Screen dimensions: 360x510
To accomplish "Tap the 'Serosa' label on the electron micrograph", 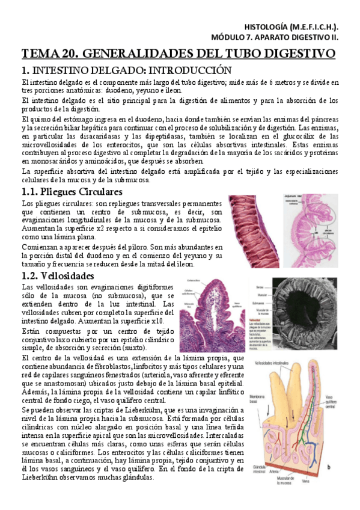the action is click(x=258, y=287).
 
